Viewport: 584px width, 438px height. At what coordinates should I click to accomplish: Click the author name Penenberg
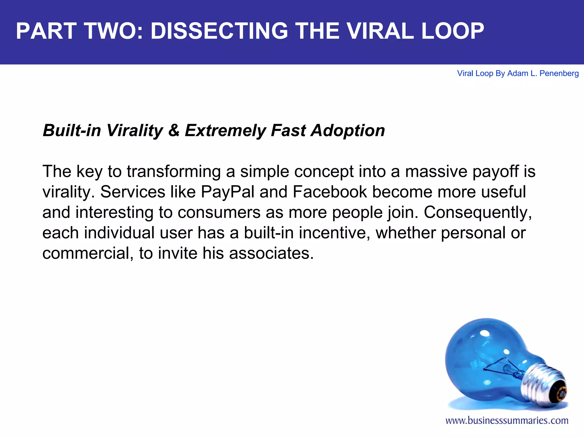559,74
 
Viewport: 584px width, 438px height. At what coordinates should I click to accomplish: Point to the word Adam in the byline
518,74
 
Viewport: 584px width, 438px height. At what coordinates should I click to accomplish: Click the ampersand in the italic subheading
174,131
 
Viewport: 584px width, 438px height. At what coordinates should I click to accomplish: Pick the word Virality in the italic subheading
134,131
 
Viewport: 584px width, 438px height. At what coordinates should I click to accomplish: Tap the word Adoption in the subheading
348,131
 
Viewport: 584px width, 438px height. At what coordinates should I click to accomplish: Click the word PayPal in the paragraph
227,192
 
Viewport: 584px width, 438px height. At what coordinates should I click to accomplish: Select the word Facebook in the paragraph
330,192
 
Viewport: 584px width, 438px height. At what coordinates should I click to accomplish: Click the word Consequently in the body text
477,212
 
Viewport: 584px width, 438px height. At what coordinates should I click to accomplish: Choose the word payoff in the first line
496,171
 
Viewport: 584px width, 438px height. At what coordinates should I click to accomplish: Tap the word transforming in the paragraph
174,171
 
